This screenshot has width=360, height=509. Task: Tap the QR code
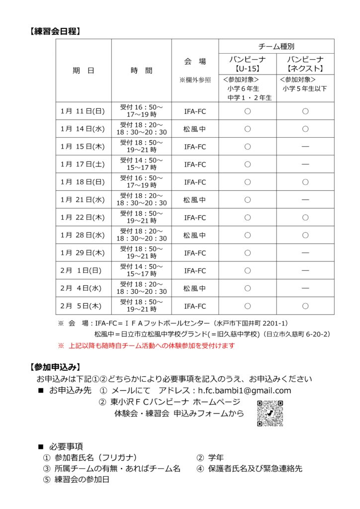click(270, 413)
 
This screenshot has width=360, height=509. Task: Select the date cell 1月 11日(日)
click(83, 111)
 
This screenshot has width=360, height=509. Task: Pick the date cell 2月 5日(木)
click(83, 306)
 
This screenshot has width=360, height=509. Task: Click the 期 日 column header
click(83, 71)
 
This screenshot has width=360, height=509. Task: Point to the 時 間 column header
click(141, 71)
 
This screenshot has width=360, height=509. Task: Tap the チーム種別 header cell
click(276, 46)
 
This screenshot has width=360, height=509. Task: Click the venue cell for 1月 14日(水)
click(195, 129)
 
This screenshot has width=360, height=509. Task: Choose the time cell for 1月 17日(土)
click(141, 164)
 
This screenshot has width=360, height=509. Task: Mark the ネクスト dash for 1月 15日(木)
click(305, 147)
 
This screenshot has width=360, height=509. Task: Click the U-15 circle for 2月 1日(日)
click(248, 271)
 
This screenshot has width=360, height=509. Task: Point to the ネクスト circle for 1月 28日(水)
click(305, 235)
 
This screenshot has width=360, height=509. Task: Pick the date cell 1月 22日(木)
click(83, 217)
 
